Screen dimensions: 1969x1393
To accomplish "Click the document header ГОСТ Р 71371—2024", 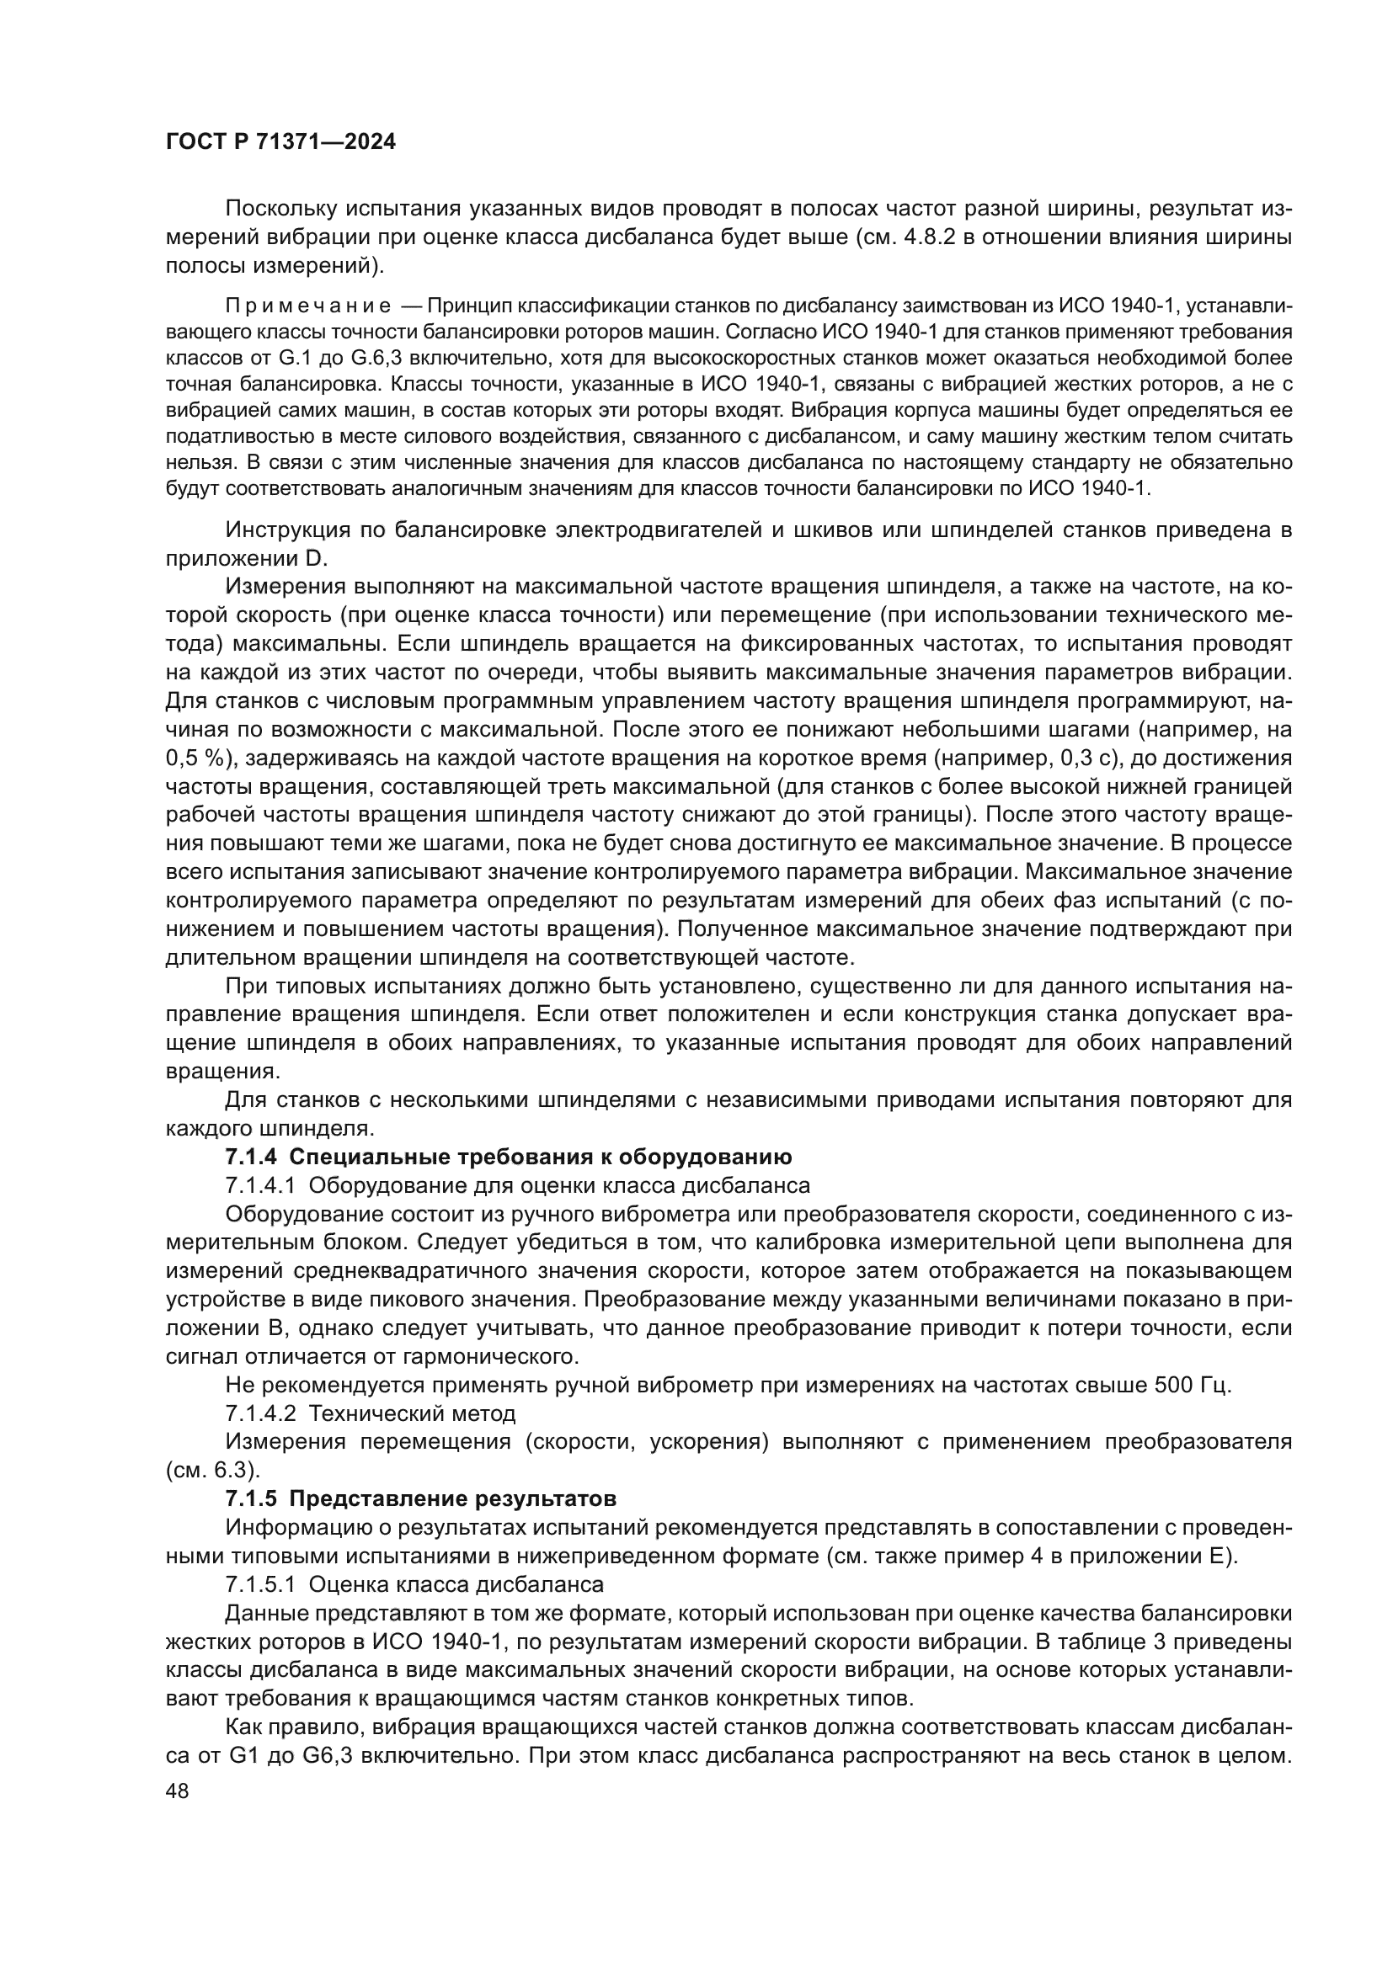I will tap(280, 142).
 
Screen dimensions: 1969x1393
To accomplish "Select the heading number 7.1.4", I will tap(250, 1157).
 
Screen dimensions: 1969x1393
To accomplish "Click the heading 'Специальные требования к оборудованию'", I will tap(541, 1157).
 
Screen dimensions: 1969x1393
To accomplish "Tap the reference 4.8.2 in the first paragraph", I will tap(931, 237).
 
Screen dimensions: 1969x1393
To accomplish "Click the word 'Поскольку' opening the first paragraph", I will tap(278, 209).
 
